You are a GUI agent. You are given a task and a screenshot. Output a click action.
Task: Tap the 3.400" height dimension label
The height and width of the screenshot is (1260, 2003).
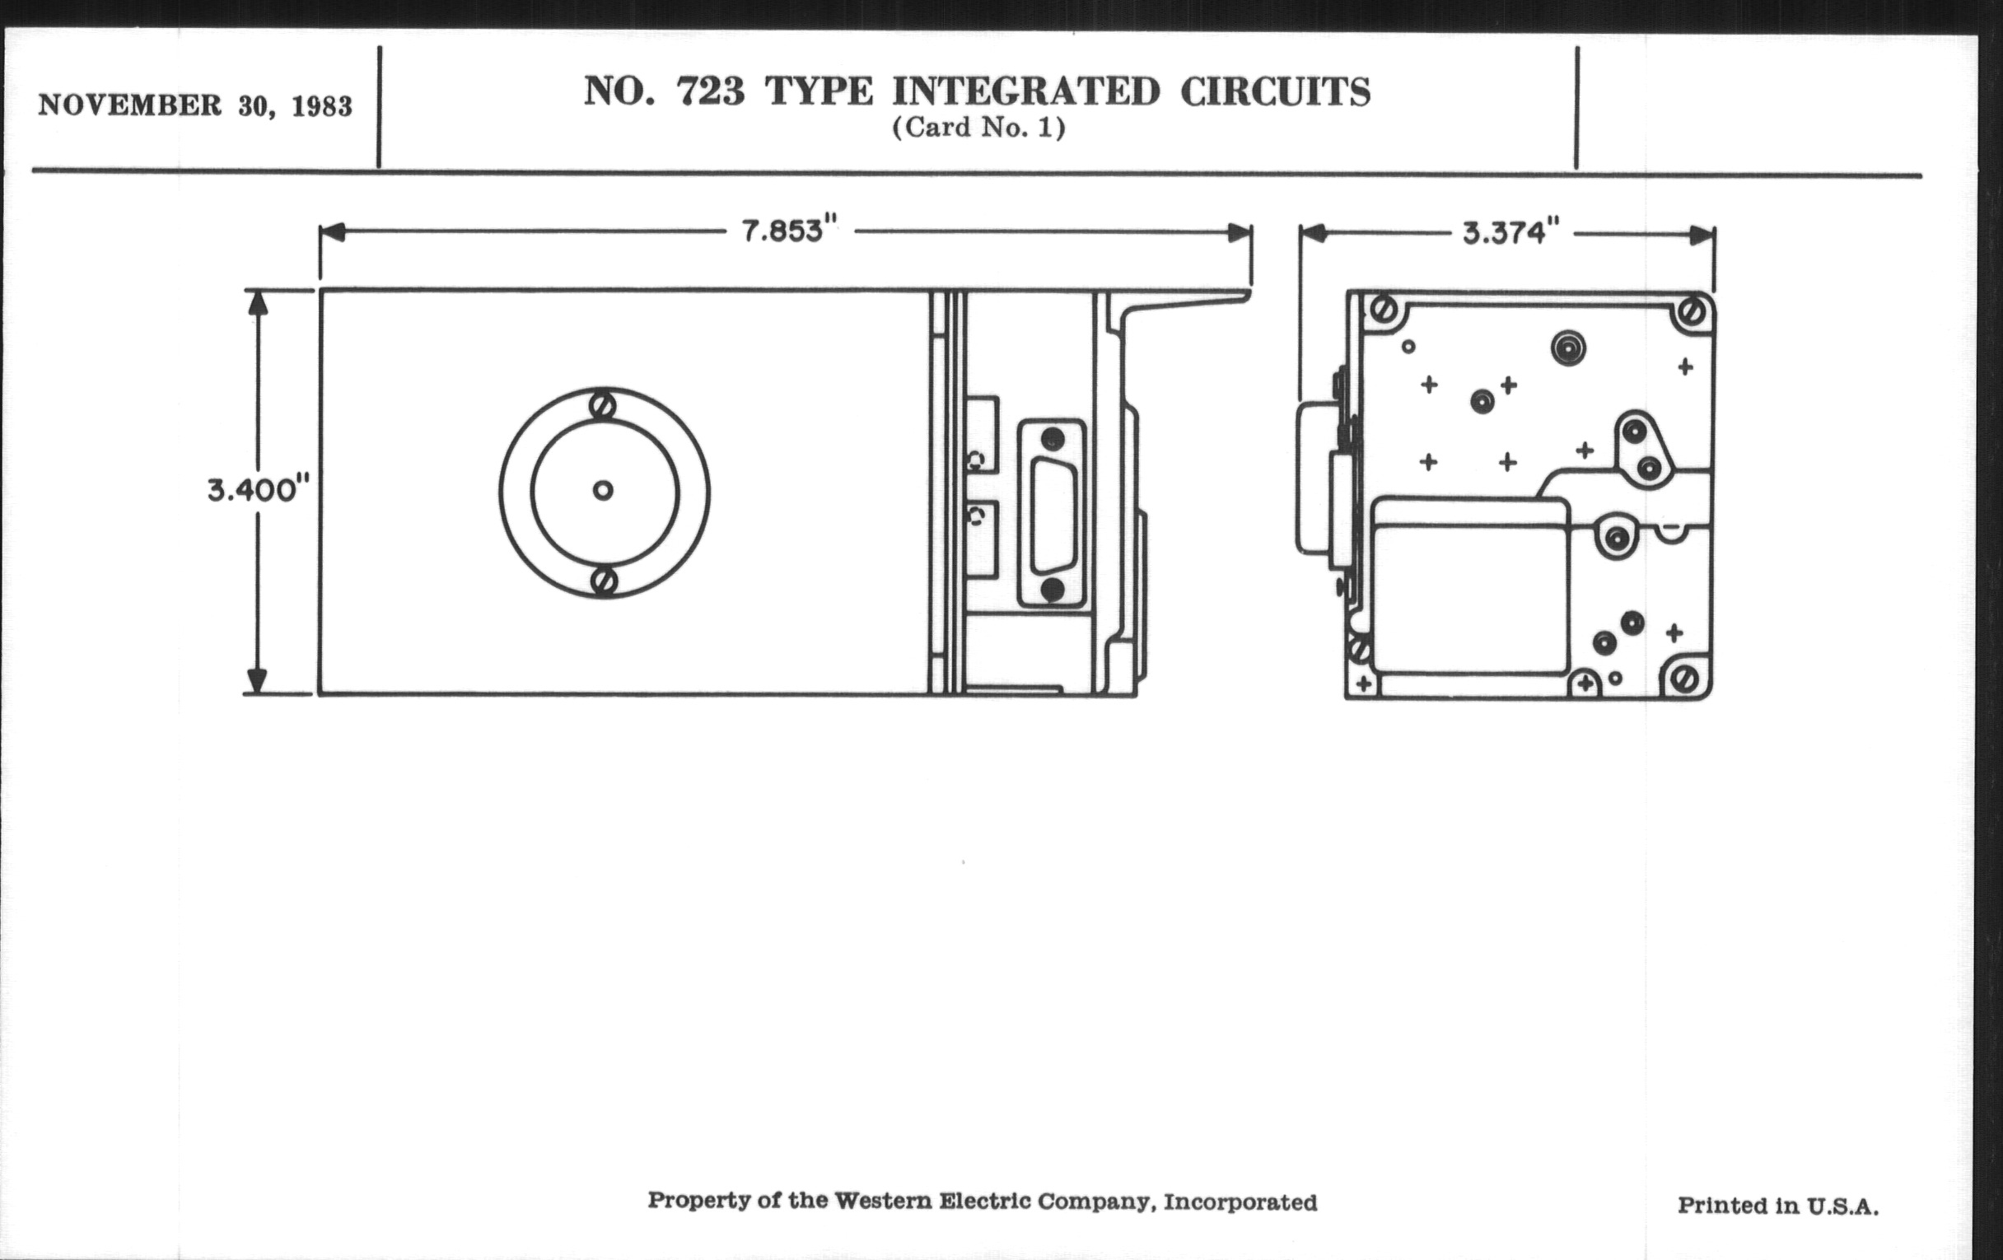(258, 490)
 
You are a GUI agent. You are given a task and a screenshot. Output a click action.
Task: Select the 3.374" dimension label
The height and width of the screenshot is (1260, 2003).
(1510, 233)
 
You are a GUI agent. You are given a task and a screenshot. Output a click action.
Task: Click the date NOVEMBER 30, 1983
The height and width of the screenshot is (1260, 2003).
(195, 106)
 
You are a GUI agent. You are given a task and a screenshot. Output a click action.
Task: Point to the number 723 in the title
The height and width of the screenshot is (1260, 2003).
(711, 91)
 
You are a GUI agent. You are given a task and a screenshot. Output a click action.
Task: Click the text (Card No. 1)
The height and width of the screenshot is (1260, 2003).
(978, 129)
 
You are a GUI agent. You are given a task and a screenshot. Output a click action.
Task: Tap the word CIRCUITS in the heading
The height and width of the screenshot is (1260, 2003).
(1275, 91)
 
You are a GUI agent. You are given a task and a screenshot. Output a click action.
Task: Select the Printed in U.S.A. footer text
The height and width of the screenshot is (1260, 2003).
(1777, 1205)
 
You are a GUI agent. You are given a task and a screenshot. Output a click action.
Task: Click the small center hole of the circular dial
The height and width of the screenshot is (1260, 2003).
(603, 491)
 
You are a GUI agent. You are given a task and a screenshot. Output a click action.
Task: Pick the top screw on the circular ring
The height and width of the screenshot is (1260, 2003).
(603, 407)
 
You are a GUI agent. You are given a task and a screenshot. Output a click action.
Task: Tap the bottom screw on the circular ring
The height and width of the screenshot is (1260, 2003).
(605, 581)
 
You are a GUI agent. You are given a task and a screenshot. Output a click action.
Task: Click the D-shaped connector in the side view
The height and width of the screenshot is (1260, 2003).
(1053, 514)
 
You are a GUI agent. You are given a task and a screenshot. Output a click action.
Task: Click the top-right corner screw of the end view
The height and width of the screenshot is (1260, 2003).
(1692, 312)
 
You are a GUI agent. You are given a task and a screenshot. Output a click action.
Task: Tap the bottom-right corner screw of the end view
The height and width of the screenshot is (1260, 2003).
(1685, 680)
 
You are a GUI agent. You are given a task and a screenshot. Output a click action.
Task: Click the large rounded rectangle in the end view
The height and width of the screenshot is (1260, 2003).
(1470, 586)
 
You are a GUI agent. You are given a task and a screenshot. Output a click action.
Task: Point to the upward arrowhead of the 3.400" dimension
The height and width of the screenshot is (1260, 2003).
(258, 302)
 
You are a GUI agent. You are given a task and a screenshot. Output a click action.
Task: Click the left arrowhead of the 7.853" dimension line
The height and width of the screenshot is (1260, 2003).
(332, 232)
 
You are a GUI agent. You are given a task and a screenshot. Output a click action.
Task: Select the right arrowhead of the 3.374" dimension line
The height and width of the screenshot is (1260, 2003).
(1702, 236)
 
